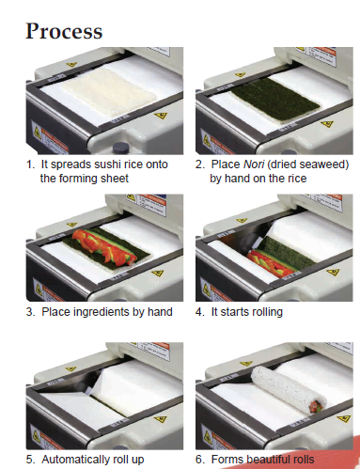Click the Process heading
[x=64, y=31]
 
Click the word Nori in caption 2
[x=254, y=164]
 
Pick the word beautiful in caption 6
[x=269, y=460]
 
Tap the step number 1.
[x=30, y=164]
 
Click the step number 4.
[x=199, y=312]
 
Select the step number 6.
[x=199, y=460]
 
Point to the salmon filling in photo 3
[x=103, y=245]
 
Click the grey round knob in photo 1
[x=120, y=147]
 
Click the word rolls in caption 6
[x=304, y=460]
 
